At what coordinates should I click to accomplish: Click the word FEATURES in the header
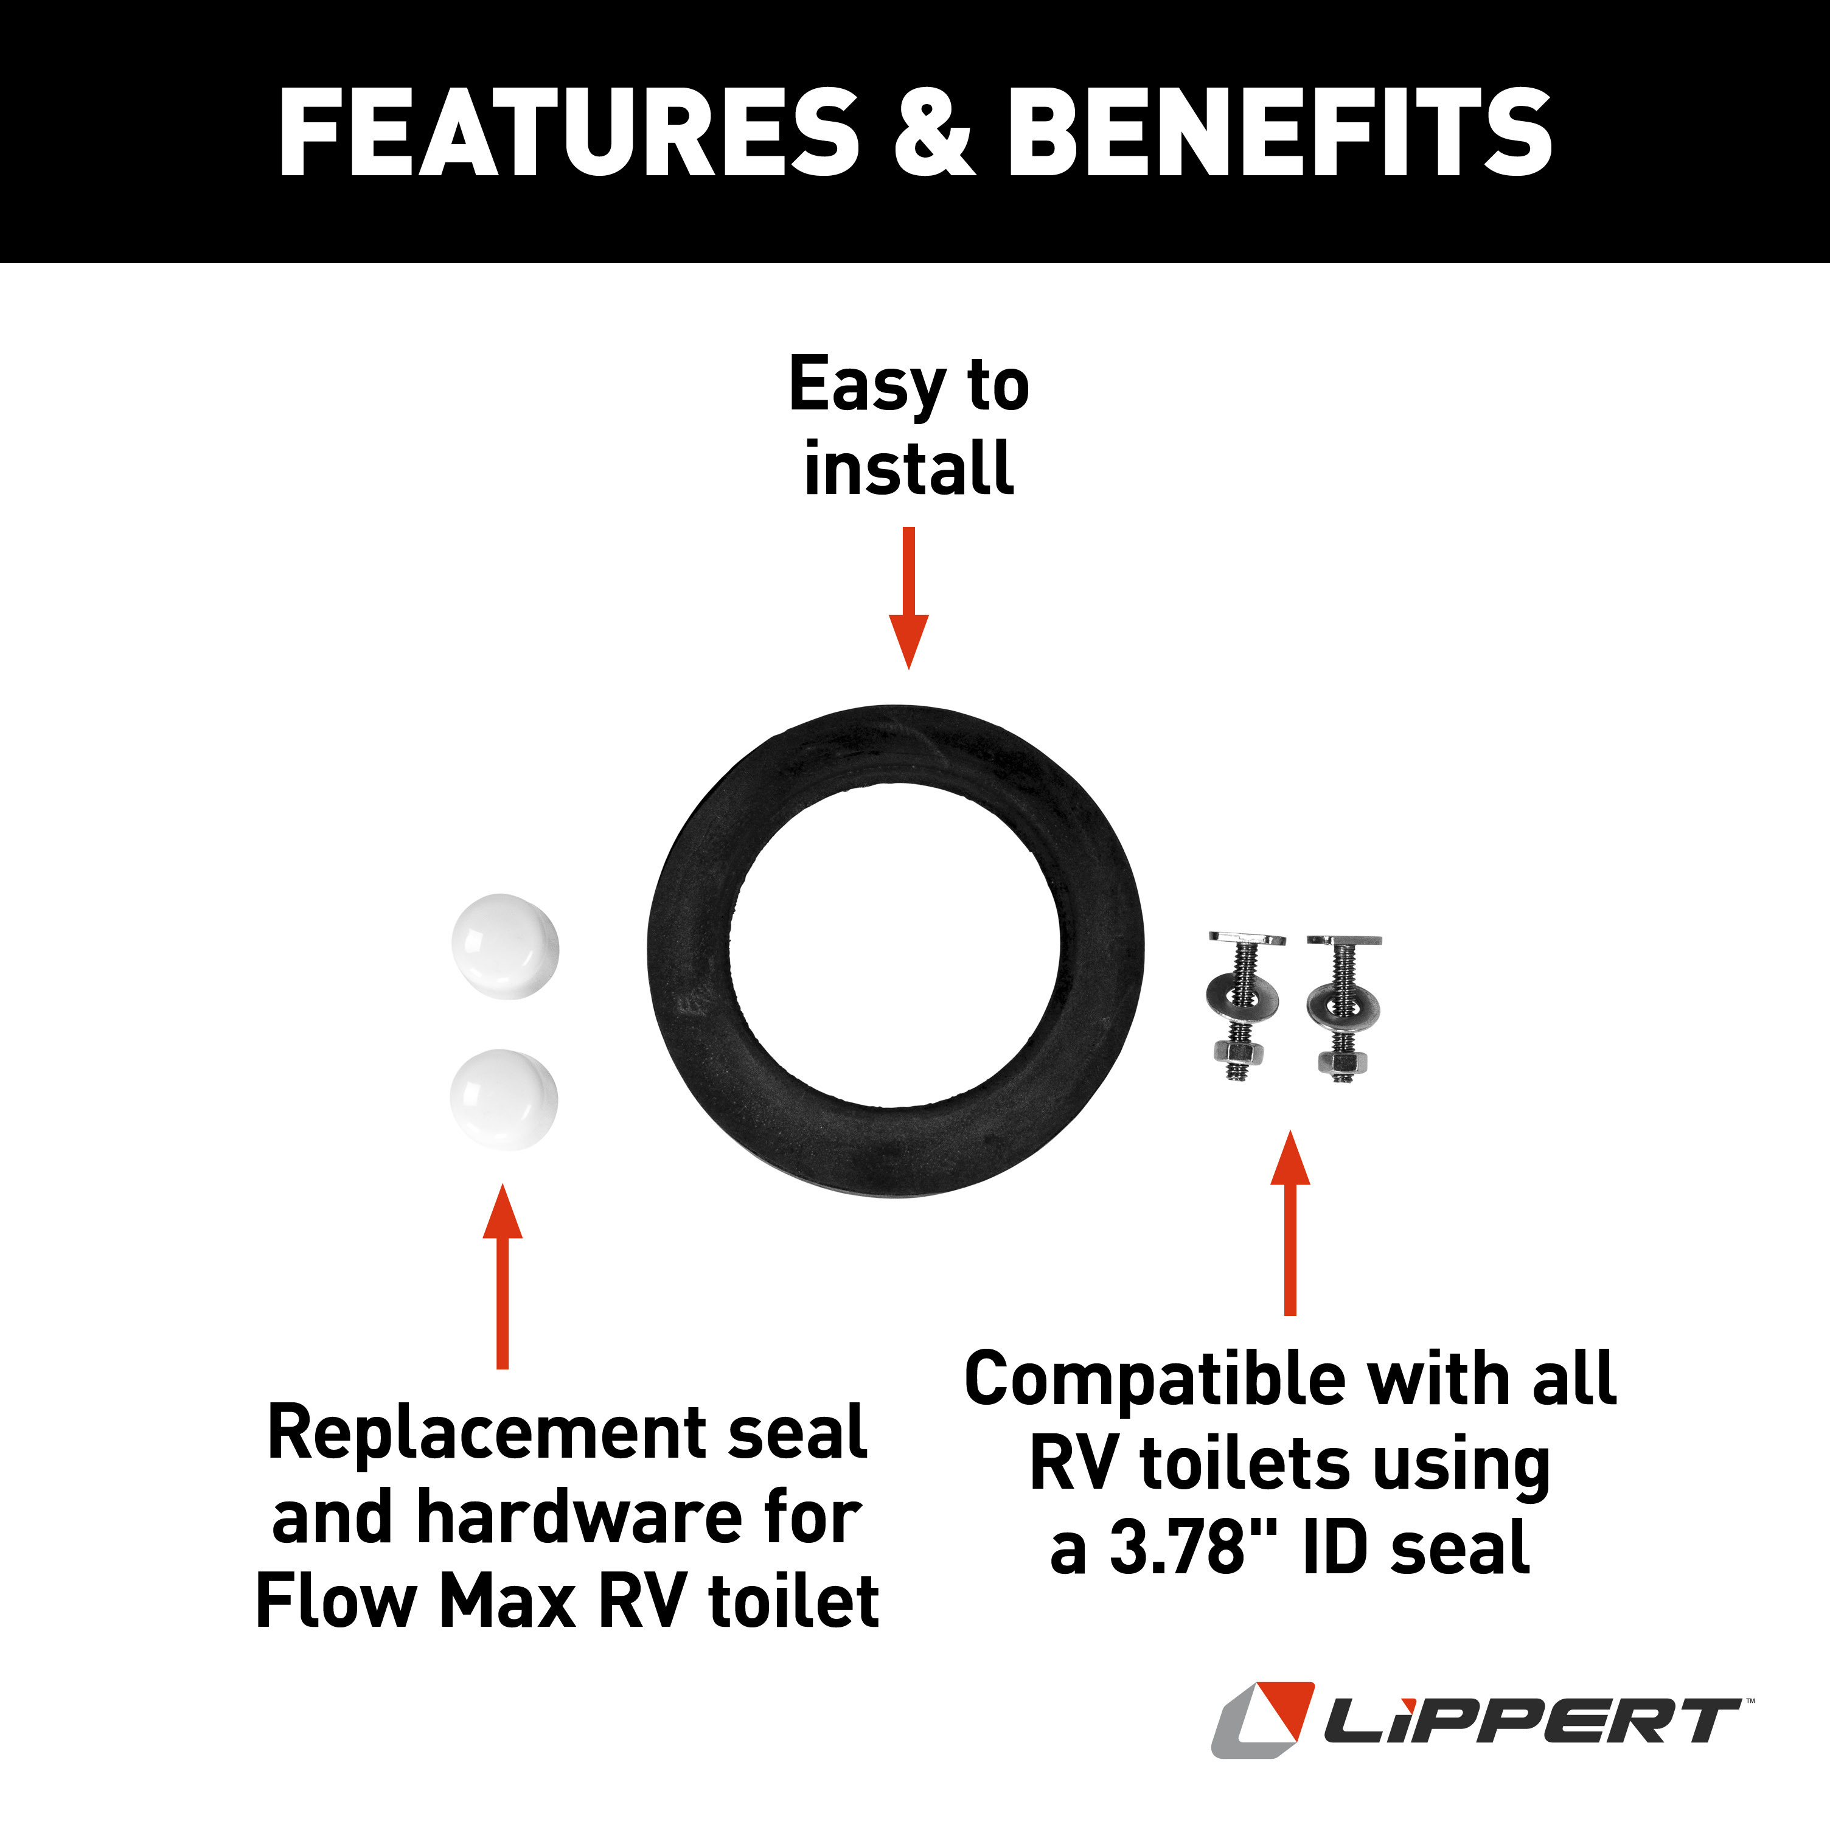point(568,133)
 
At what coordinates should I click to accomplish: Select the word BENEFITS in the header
point(1279,133)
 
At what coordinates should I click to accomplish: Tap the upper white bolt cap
point(505,945)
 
